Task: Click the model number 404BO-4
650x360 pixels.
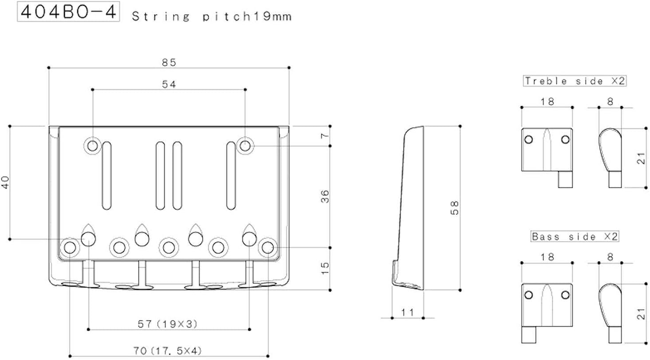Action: pyautogui.click(x=68, y=12)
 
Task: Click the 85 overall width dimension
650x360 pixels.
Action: pyautogui.click(x=169, y=63)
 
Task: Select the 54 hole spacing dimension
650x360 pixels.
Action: pyautogui.click(x=169, y=84)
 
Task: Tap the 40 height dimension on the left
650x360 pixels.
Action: pyautogui.click(x=5, y=182)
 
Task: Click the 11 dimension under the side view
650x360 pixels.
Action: pyautogui.click(x=407, y=312)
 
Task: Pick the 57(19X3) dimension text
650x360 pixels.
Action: pyautogui.click(x=168, y=324)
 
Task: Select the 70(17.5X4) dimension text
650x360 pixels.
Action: pyautogui.click(x=169, y=351)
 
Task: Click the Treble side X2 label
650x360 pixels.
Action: pyautogui.click(x=575, y=81)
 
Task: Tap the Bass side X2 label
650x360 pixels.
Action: pyautogui.click(x=575, y=237)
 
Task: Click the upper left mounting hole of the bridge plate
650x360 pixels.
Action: pyautogui.click(x=92, y=145)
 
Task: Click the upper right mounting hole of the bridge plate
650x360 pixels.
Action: pyautogui.click(x=245, y=144)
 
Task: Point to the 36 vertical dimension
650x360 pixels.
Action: pyautogui.click(x=325, y=196)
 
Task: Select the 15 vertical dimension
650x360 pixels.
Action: pyautogui.click(x=325, y=268)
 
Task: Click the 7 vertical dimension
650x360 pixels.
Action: pyautogui.click(x=325, y=135)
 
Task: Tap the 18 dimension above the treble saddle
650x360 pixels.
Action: pyautogui.click(x=547, y=102)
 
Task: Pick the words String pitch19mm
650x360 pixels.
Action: pyautogui.click(x=211, y=17)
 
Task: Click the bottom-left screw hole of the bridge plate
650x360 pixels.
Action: pyautogui.click(x=70, y=247)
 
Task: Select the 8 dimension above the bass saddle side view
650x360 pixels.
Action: pyautogui.click(x=610, y=257)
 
